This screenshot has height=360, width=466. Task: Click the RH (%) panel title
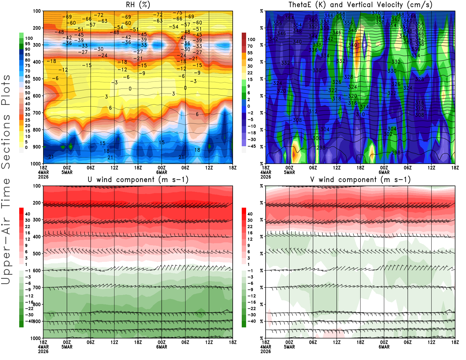pos(138,5)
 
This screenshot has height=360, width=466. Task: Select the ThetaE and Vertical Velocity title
pos(360,5)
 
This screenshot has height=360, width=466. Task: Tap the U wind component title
pos(138,179)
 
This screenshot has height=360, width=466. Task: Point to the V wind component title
pos(360,179)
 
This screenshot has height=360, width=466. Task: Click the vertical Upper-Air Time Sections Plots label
pos(6,179)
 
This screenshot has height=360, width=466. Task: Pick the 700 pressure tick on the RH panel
pos(37,113)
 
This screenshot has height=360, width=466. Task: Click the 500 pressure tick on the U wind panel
pos(37,254)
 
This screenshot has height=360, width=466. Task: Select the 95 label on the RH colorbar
pos(27,44)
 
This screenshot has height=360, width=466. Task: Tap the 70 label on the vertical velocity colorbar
pos(250,46)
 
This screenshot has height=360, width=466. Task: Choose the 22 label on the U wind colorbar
pos(27,227)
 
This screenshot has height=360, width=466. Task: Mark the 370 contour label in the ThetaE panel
pos(376,13)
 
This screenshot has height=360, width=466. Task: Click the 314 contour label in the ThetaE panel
pos(364,107)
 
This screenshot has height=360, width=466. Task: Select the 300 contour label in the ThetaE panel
pos(317,138)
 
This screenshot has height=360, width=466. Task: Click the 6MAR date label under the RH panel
pos(162,172)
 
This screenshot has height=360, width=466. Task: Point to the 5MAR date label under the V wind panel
pos(289,347)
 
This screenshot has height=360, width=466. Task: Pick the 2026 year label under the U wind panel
pos(43,351)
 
